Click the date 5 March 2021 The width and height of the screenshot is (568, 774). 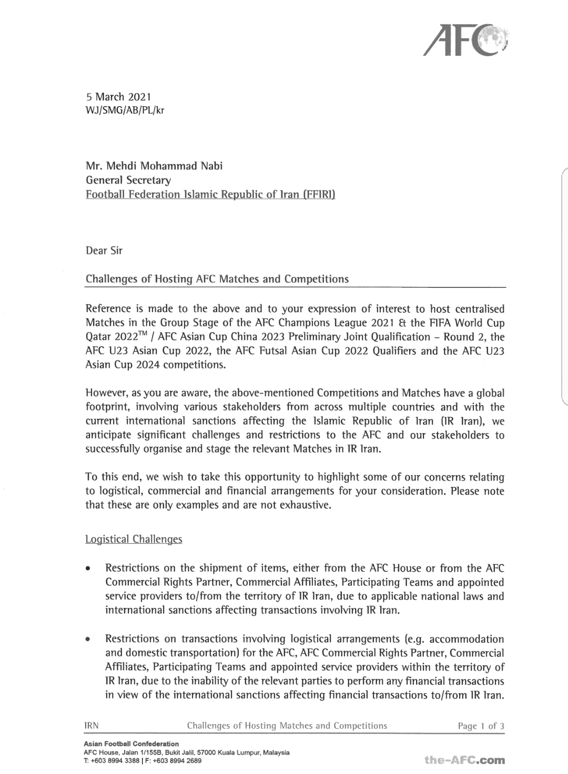pos(118,97)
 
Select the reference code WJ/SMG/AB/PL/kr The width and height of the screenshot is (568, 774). pos(125,110)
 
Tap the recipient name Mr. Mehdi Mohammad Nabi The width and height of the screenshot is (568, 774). pos(154,166)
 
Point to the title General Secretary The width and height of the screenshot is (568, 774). pos(128,180)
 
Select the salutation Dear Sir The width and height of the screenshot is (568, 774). pos(104,250)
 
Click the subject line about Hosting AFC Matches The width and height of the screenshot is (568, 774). pos(217,279)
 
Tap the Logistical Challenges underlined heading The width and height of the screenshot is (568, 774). pos(134,539)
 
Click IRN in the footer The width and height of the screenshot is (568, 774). pos(92,726)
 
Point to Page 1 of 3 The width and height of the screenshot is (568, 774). pos(481,726)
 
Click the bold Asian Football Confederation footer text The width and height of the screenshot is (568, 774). pos(131,744)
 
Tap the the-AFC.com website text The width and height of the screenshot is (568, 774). pos(465,760)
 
